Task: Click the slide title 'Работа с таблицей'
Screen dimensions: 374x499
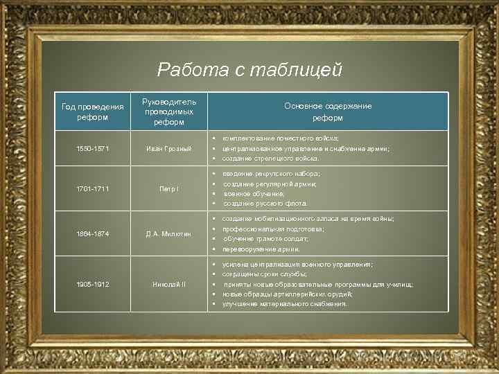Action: point(249,69)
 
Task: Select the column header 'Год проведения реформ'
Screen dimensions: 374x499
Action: point(92,112)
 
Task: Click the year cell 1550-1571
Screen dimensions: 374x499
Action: point(92,148)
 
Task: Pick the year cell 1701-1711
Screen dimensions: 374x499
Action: point(92,188)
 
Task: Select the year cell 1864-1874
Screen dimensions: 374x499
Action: point(92,233)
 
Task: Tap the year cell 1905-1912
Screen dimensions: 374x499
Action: point(92,284)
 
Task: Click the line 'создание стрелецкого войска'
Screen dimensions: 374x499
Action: point(270,159)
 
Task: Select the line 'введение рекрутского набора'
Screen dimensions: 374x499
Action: point(271,174)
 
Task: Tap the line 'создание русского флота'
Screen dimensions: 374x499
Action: point(265,204)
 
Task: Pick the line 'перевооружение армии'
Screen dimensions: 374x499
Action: point(261,249)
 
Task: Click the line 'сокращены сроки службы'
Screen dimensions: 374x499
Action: point(264,274)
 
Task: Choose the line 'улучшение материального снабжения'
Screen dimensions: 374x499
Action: point(284,304)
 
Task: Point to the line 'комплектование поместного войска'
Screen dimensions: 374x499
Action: point(280,139)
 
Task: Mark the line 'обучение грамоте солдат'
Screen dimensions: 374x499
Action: point(265,238)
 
